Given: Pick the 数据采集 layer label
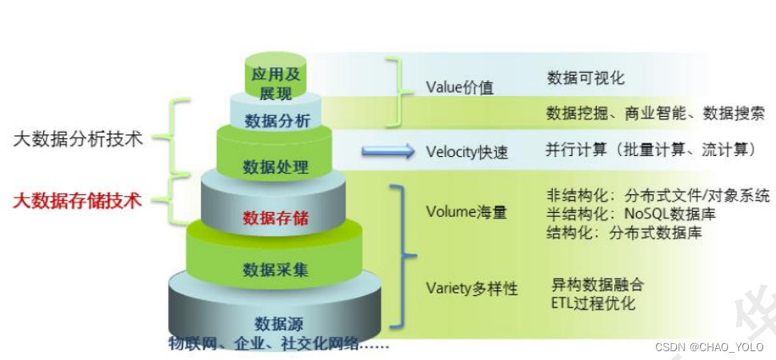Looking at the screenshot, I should click(275, 270).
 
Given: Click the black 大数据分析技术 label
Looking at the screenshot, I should click(78, 138).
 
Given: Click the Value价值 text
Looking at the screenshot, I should click(459, 87).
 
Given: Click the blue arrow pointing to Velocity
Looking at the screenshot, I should click(387, 150).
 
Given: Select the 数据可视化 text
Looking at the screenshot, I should click(586, 78).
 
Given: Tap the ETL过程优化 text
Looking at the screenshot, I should click(593, 303).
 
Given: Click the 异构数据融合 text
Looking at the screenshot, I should click(597, 285).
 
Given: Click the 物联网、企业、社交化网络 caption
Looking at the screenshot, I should click(278, 344).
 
